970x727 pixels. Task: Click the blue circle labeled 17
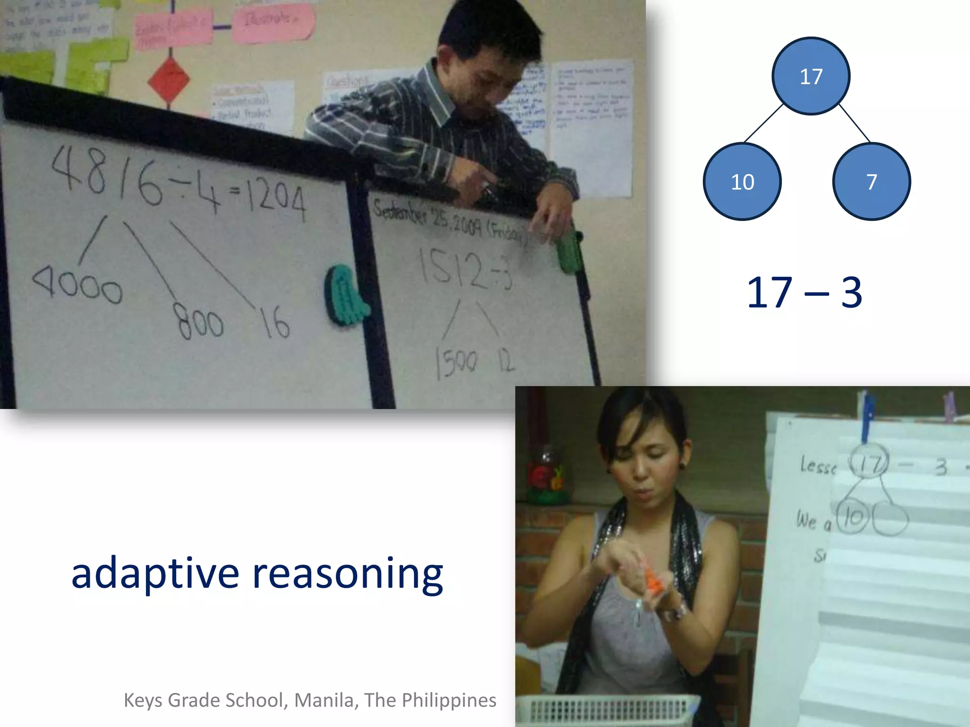[x=811, y=76]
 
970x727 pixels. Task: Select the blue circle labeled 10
[x=742, y=182]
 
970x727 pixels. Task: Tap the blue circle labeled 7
[x=871, y=182]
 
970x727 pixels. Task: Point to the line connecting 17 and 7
[x=854, y=123]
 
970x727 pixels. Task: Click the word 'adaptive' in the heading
[x=155, y=574]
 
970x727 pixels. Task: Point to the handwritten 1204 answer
[x=275, y=199]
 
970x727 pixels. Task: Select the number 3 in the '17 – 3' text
[x=851, y=293]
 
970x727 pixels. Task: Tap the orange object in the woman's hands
[x=654, y=581]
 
